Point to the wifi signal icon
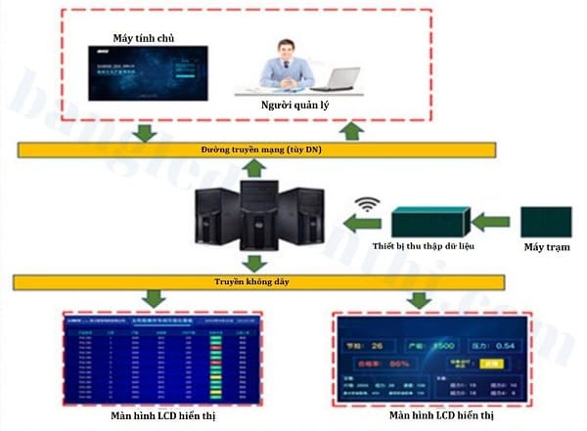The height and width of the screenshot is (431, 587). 368,207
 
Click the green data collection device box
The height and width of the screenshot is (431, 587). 430,221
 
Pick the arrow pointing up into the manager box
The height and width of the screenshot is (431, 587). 353,130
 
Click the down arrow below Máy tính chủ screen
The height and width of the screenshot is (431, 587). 146,130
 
